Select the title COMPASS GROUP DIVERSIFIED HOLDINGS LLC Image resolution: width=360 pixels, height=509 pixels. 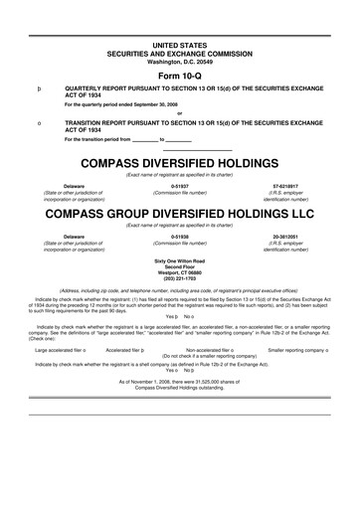click(x=179, y=214)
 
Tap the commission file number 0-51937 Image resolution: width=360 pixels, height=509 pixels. click(x=179, y=185)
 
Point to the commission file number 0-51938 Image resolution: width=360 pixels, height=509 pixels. click(x=179, y=236)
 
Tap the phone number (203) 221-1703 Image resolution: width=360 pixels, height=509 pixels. click(x=179, y=279)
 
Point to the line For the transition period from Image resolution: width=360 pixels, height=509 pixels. click(x=99, y=139)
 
